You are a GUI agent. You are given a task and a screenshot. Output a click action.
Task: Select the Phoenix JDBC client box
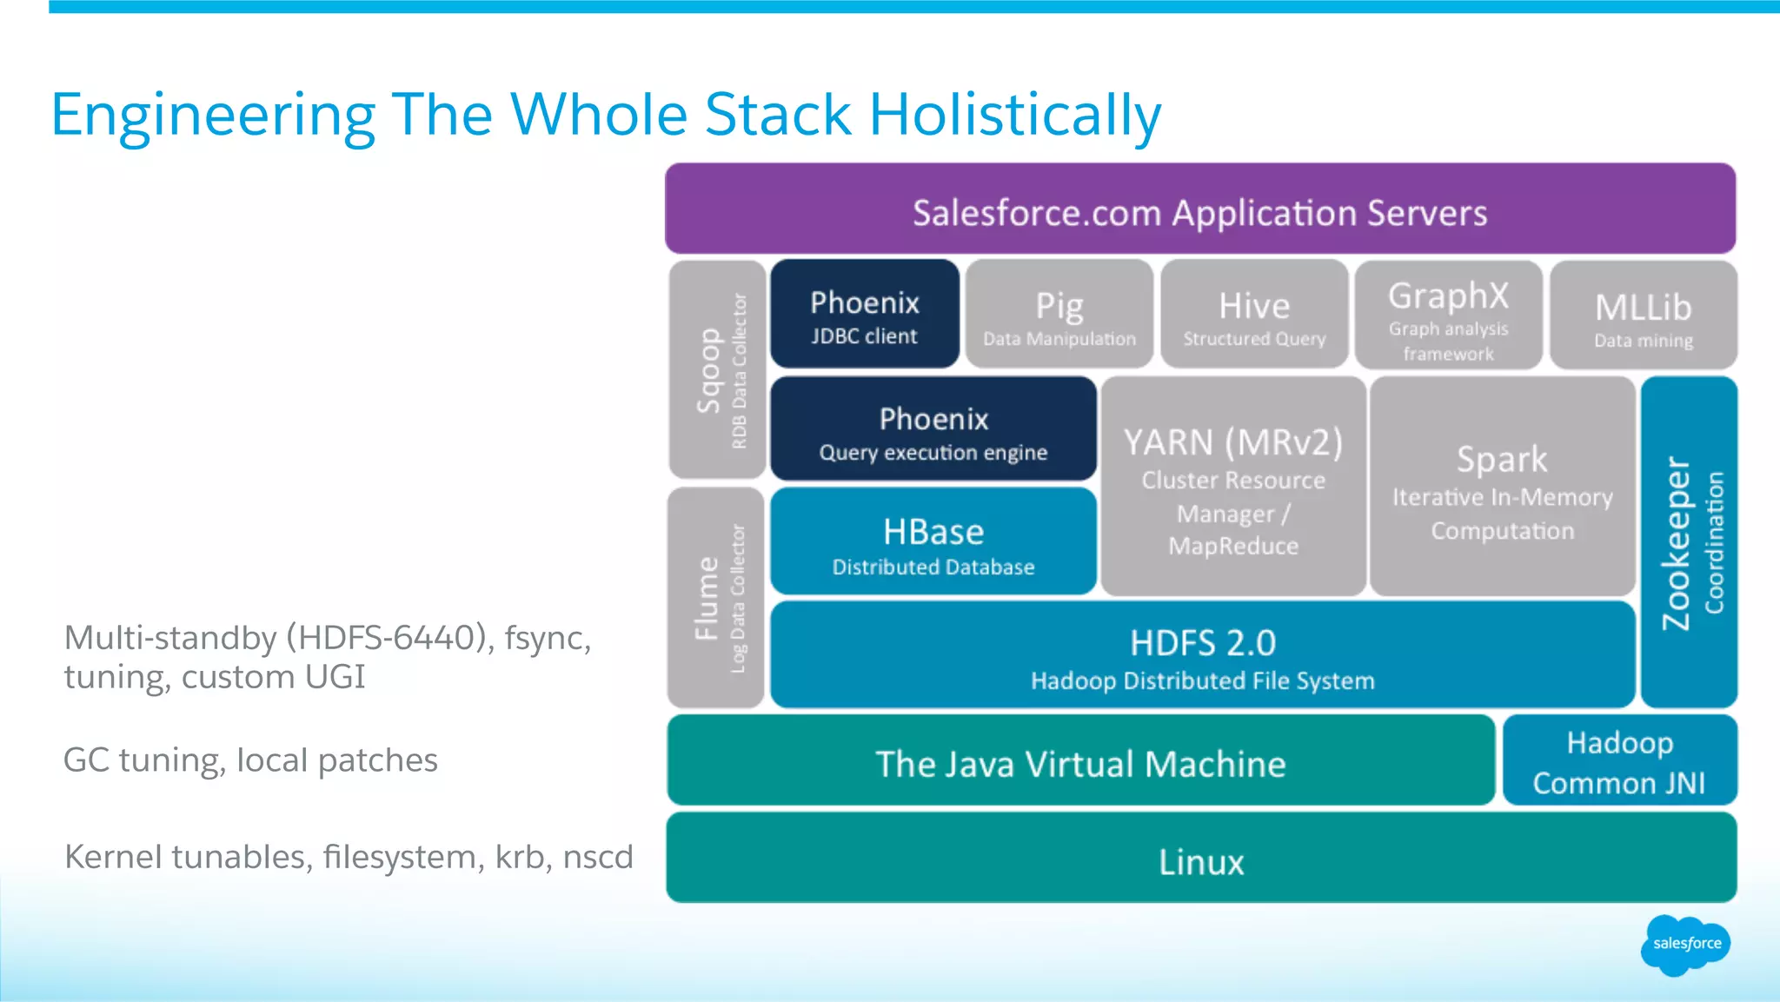[x=865, y=315]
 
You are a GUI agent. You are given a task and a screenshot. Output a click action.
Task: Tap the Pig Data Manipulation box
[x=1059, y=315]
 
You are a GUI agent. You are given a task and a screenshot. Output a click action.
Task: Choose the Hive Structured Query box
[x=1254, y=315]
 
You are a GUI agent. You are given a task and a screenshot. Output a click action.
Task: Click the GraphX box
[x=1448, y=315]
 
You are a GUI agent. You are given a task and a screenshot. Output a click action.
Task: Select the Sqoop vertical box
[x=718, y=370]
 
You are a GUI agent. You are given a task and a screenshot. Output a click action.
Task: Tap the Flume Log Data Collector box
[x=716, y=598]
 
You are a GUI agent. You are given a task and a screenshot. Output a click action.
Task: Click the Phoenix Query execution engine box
[x=933, y=430]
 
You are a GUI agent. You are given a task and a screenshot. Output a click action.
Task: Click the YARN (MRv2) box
[x=1232, y=488]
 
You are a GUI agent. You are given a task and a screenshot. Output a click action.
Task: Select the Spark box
[x=1502, y=488]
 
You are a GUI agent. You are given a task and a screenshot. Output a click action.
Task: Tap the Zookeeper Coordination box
[x=1689, y=542]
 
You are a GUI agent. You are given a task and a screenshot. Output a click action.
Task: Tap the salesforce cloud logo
[x=1685, y=944]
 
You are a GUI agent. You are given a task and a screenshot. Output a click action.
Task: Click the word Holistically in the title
[x=1014, y=115]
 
